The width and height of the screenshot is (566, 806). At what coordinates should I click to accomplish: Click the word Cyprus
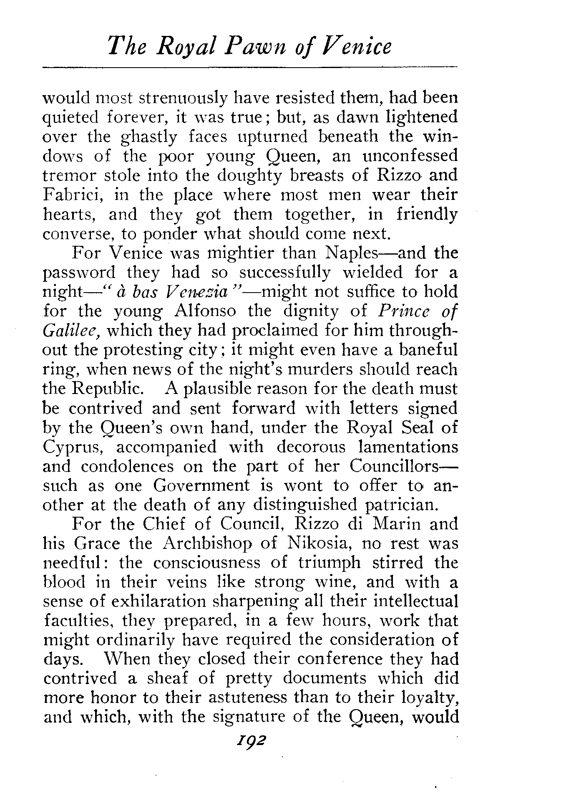[73, 447]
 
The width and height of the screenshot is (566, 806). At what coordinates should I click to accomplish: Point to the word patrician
[402, 505]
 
